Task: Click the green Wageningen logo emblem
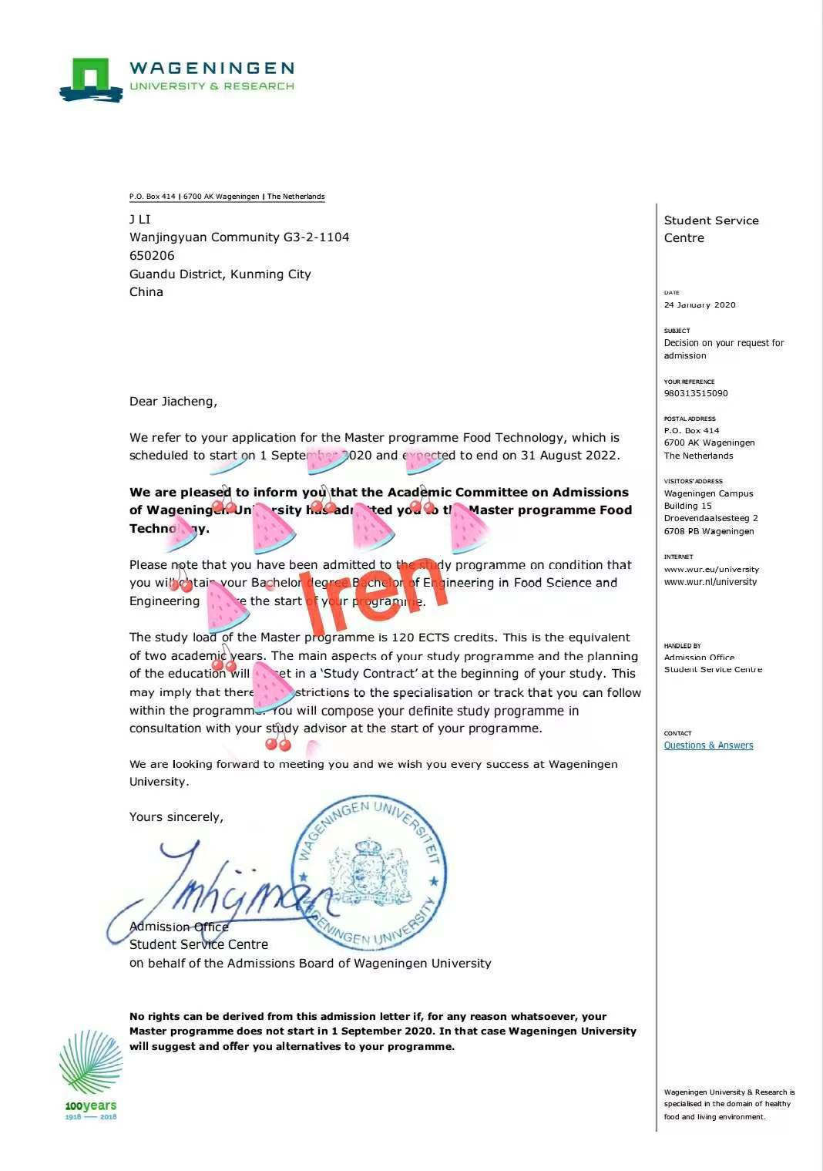[91, 79]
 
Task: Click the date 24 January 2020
[700, 305]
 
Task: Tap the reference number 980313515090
[696, 393]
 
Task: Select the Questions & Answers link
[708, 745]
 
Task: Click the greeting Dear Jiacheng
[173, 401]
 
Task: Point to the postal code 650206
[152, 255]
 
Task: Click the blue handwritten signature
[223, 890]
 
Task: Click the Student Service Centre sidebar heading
[710, 229]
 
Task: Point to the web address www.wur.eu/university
[711, 570]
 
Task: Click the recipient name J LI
[139, 219]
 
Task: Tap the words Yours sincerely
[176, 816]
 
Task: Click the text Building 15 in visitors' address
[687, 506]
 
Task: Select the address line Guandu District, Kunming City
[220, 274]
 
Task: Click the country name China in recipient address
[146, 291]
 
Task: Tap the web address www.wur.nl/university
[710, 582]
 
